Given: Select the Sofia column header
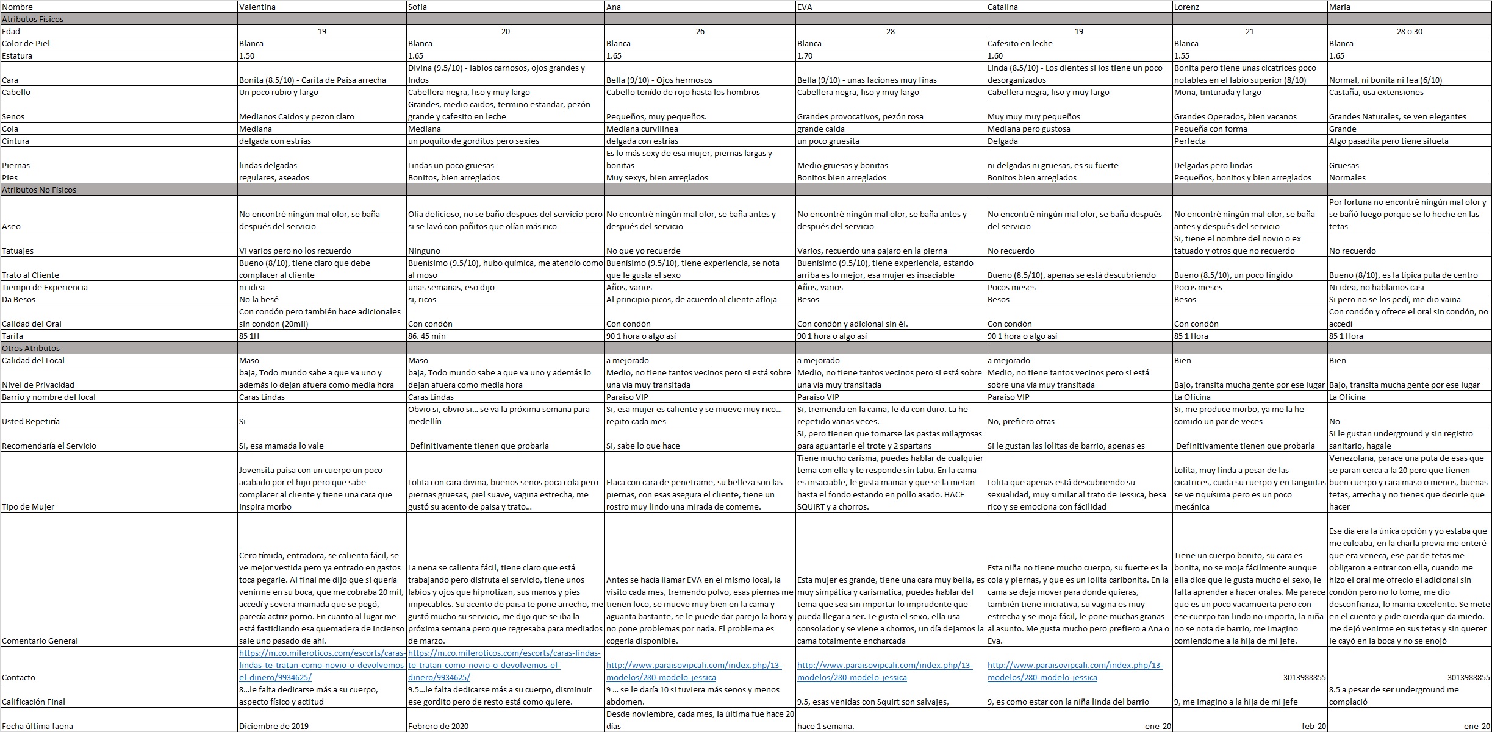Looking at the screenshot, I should [x=418, y=7].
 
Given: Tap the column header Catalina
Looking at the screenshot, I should [x=1003, y=7].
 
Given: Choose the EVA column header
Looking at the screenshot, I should [x=805, y=7].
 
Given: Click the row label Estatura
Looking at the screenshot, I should [x=17, y=55].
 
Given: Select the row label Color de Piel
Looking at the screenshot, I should [x=26, y=43].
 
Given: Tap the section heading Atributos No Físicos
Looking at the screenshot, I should [x=38, y=190].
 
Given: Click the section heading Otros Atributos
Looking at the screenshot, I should [x=31, y=348].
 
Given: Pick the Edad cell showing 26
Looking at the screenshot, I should [x=700, y=31].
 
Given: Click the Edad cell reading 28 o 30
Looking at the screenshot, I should [x=1409, y=31].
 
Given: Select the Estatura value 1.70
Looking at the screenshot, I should [x=805, y=55].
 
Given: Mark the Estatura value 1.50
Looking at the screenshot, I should [x=247, y=55].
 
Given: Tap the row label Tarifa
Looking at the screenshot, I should [x=12, y=336].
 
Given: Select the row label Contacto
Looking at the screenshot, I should [x=18, y=677].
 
